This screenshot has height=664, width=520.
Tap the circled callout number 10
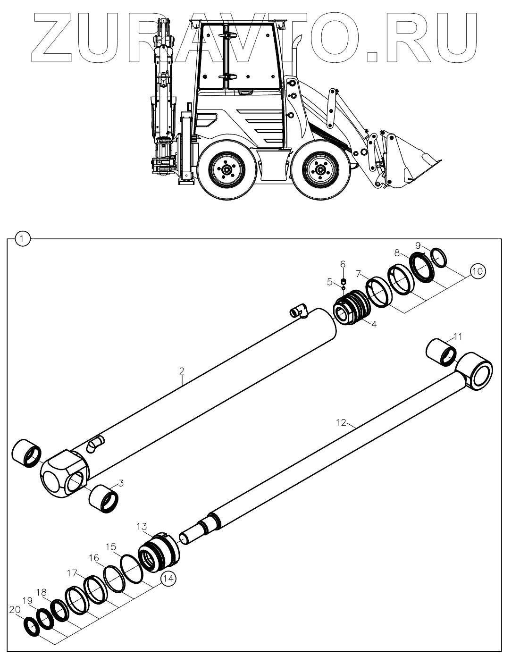point(477,271)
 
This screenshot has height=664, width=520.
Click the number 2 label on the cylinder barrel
point(181,371)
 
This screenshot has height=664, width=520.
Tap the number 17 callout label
point(71,573)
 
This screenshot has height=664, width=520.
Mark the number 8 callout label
point(397,253)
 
